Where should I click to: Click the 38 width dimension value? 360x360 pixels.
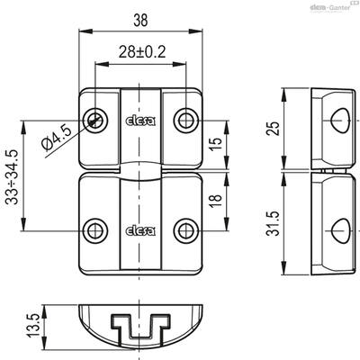coord(140,21)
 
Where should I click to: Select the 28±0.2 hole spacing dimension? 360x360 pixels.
coord(142,52)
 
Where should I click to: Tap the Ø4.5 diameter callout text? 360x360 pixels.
coord(57,138)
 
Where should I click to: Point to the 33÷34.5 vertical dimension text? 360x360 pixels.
coord(13,176)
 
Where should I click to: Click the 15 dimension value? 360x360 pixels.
coord(216,144)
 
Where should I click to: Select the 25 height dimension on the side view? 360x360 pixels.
coord(274,129)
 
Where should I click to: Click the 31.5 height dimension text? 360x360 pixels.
coord(274,223)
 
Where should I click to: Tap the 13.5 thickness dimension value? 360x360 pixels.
coord(35,326)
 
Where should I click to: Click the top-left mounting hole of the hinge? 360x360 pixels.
coord(95,121)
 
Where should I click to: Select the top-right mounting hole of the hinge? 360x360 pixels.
coord(186,121)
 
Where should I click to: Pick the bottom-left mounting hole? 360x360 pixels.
coord(95,231)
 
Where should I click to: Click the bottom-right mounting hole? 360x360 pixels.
coord(186,231)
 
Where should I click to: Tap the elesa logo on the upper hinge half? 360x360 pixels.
coord(140,121)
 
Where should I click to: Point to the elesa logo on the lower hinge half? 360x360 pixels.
coord(140,230)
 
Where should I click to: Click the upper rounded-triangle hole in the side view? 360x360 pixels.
coord(340,121)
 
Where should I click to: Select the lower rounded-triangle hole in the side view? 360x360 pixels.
coord(340,231)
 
